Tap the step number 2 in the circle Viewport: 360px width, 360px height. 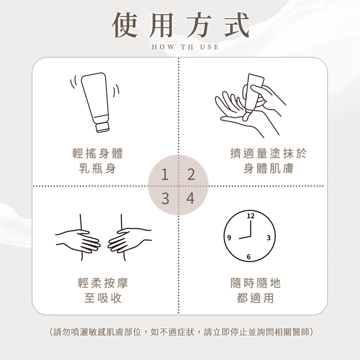(x=191, y=174)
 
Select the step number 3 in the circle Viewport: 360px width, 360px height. (x=165, y=198)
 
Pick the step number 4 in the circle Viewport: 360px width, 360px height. (x=190, y=198)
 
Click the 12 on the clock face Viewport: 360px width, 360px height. (x=250, y=216)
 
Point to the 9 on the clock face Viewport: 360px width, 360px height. (x=229, y=238)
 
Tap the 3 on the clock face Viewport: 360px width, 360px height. (x=268, y=238)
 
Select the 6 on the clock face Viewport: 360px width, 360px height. (x=249, y=257)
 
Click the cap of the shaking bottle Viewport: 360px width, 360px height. (x=102, y=127)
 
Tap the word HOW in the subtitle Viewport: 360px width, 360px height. (x=163, y=47)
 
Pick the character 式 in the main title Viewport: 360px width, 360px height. (x=237, y=25)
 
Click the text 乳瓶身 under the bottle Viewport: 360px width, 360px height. (x=97, y=169)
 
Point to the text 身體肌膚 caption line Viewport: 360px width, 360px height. (x=268, y=169)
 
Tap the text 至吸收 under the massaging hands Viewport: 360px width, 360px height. (x=103, y=298)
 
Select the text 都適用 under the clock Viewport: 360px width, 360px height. (x=255, y=298)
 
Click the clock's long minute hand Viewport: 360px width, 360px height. (x=251, y=228)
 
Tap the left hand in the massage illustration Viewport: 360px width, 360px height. (x=78, y=241)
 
